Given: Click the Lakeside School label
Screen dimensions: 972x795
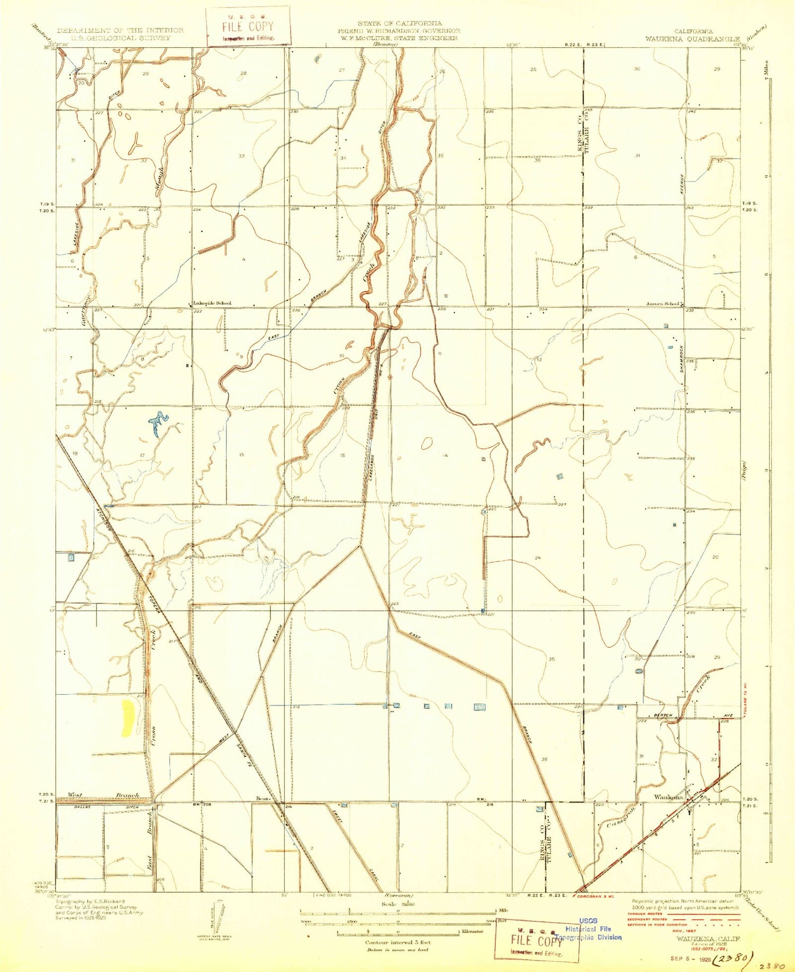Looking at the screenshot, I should pos(212,303).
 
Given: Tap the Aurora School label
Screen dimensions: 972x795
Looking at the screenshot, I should pos(662,304).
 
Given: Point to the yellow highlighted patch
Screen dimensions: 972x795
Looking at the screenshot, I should pos(128,718).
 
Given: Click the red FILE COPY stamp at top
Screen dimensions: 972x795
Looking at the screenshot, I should pos(248,26).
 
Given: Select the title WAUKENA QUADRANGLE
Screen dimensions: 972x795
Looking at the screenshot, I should pos(692,39).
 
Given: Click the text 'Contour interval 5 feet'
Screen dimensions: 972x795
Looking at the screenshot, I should pos(397,942).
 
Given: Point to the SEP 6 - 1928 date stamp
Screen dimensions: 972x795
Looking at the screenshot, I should pos(686,958).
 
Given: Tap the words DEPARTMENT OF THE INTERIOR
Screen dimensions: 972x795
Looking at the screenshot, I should pos(120,30).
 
